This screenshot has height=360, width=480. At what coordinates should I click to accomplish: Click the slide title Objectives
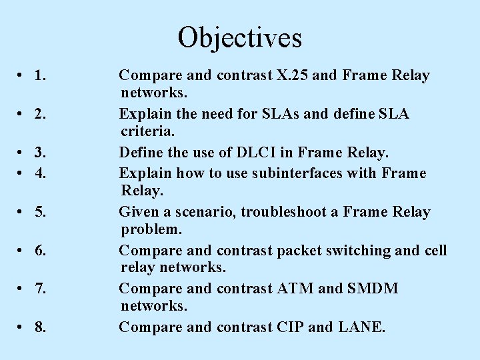pyautogui.click(x=240, y=37)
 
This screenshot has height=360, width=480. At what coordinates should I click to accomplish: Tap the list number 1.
pyautogui.click(x=40, y=76)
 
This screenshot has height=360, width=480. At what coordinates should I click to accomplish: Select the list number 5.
pyautogui.click(x=40, y=213)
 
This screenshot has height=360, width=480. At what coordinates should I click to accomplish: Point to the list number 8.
pyautogui.click(x=40, y=327)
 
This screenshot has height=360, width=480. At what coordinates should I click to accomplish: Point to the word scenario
pyautogui.click(x=207, y=212)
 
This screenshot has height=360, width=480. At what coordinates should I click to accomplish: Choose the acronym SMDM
pyautogui.click(x=372, y=289)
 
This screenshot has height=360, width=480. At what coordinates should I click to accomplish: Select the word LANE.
pyautogui.click(x=361, y=327)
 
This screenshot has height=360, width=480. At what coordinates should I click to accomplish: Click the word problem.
pyautogui.click(x=151, y=230)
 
